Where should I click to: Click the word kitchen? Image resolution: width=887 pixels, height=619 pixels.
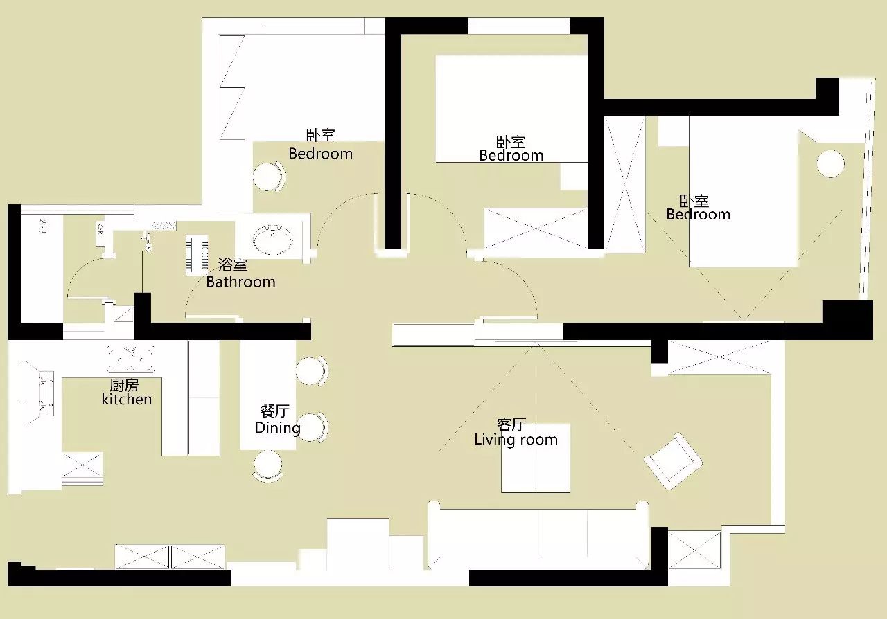pyautogui.click(x=127, y=400)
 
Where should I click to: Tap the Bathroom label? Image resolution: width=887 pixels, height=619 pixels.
pyautogui.click(x=240, y=282)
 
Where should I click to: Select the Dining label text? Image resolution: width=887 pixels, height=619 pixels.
pyautogui.click(x=278, y=428)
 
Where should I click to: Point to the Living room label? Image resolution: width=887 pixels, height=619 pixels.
pyautogui.click(x=516, y=440)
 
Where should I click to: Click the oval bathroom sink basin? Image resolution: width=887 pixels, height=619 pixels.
pyautogui.click(x=273, y=239)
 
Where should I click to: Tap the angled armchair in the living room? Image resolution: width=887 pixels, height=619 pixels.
pyautogui.click(x=673, y=461)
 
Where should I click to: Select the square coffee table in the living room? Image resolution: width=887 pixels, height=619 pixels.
pyautogui.click(x=536, y=458)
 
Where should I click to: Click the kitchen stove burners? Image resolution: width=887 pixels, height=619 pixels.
pyautogui.click(x=131, y=359)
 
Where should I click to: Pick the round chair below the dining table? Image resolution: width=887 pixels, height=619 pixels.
pyautogui.click(x=268, y=466)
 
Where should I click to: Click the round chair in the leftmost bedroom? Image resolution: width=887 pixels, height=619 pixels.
pyautogui.click(x=269, y=177)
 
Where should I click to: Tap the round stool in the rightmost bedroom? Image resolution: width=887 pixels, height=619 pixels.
pyautogui.click(x=830, y=164)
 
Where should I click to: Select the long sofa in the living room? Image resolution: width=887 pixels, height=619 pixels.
pyautogui.click(x=538, y=535)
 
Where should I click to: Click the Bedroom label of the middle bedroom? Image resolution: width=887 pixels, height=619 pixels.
pyautogui.click(x=511, y=156)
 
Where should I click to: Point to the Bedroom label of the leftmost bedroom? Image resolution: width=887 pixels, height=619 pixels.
pyautogui.click(x=320, y=154)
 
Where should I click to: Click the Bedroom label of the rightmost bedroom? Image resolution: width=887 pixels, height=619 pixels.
pyautogui.click(x=698, y=215)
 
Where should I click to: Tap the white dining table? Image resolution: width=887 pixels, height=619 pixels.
pyautogui.click(x=268, y=395)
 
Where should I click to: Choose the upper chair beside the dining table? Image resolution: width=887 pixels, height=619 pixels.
pyautogui.click(x=312, y=371)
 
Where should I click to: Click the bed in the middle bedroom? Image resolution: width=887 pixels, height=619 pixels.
pyautogui.click(x=511, y=109)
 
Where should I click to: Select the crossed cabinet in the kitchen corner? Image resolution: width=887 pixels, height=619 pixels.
pyautogui.click(x=82, y=469)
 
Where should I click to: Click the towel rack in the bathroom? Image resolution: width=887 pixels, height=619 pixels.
pyautogui.click(x=197, y=255)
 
